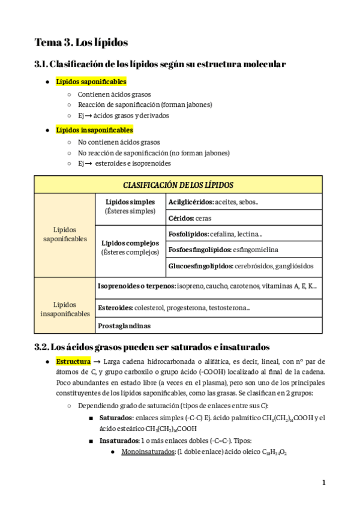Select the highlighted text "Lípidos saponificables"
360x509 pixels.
point(91,82)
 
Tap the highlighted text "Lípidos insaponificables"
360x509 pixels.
point(94,130)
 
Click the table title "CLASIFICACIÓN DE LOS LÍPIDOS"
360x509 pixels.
point(178,185)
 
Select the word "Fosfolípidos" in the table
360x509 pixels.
point(188,234)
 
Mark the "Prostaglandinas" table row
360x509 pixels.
point(124,326)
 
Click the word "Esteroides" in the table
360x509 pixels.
point(115,307)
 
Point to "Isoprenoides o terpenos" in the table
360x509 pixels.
point(136,286)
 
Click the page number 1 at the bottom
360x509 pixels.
point(323,483)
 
